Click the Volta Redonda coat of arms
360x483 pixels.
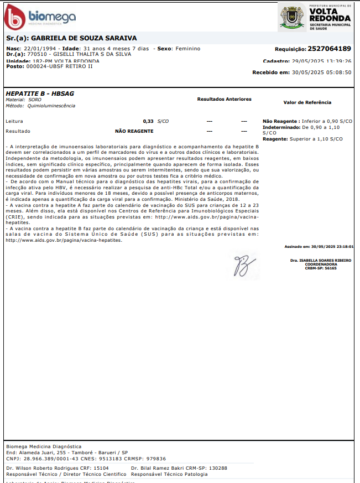pos(291,17)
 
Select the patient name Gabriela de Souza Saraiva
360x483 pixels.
pos(83,39)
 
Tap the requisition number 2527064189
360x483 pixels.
pos(329,49)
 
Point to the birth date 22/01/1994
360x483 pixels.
pos(40,49)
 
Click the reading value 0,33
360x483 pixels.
pos(148,121)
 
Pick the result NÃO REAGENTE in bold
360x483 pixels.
pos(134,131)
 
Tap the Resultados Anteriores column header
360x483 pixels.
pos(224,99)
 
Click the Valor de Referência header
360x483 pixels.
pos(307,102)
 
